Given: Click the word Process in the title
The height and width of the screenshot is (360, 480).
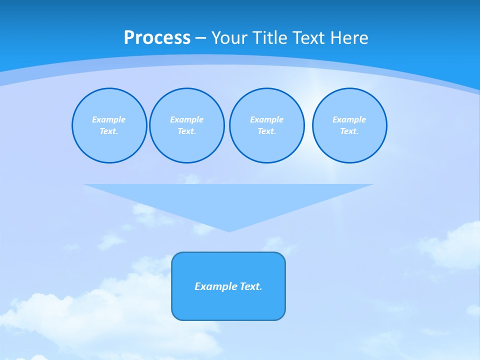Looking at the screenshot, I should (157, 38).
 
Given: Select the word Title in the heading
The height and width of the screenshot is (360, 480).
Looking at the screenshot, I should (270, 38).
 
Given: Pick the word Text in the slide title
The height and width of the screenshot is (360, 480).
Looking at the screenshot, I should (308, 38).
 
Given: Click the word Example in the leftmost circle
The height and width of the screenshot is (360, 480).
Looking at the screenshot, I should (109, 119).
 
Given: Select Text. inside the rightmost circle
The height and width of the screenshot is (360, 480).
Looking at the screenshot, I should (349, 131).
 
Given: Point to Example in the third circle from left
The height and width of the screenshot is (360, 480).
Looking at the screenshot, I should (267, 119).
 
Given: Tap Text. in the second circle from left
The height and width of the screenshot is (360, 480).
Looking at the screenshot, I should (187, 131).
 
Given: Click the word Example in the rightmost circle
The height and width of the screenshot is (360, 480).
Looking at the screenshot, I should (349, 119).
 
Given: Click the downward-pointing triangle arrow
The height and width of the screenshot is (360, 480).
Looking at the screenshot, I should (228, 200).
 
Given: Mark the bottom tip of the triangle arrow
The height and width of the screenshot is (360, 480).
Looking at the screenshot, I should (229, 231).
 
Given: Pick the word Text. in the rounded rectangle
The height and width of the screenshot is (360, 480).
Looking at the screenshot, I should (251, 286).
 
